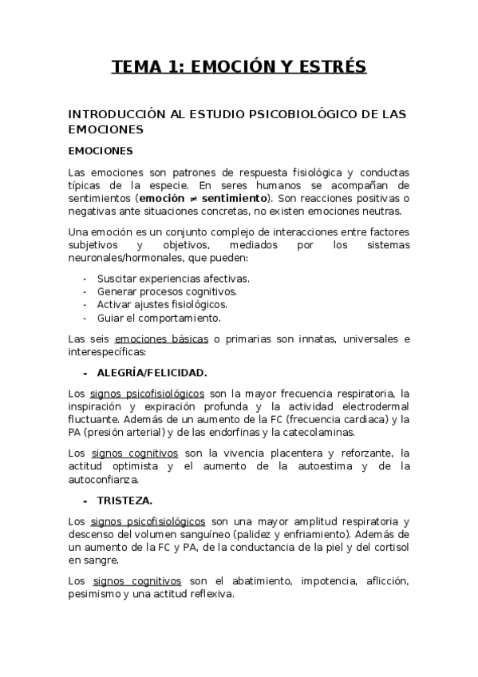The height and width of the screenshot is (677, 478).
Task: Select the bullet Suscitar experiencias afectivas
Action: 173,279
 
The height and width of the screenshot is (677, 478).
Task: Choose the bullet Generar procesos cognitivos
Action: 167,291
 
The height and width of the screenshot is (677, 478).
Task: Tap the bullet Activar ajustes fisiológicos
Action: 162,304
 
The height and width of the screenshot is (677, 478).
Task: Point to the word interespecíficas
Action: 107,351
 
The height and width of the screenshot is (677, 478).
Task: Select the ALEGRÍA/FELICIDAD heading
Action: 152,372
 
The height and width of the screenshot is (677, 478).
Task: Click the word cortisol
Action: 389,547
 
